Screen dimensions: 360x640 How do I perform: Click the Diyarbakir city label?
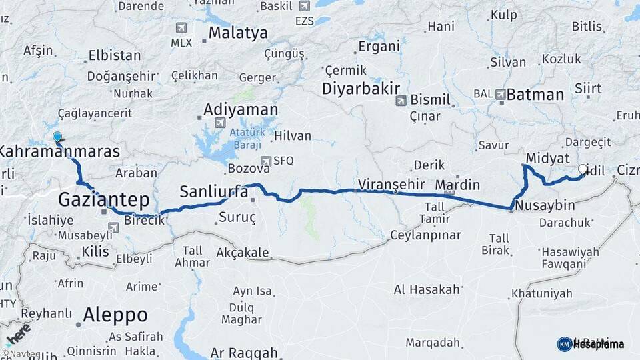(361, 89)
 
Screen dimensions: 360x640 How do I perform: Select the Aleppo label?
(115, 315)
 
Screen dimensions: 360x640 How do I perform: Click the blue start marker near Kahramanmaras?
(57, 137)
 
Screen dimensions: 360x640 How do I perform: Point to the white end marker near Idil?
(583, 169)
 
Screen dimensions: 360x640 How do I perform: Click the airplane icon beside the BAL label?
(501, 95)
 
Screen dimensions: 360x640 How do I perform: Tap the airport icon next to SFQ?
(266, 161)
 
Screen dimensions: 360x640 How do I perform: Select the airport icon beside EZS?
(305, 6)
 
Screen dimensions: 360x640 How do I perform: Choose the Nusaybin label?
(545, 205)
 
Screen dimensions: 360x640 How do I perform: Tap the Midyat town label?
(547, 158)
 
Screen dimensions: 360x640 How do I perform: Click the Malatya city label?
(238, 33)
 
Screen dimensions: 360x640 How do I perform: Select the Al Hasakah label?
(427, 289)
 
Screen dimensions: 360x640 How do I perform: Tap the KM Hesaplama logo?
(591, 344)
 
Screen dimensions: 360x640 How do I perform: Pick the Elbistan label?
(115, 55)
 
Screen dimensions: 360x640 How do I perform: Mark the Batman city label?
(535, 95)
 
